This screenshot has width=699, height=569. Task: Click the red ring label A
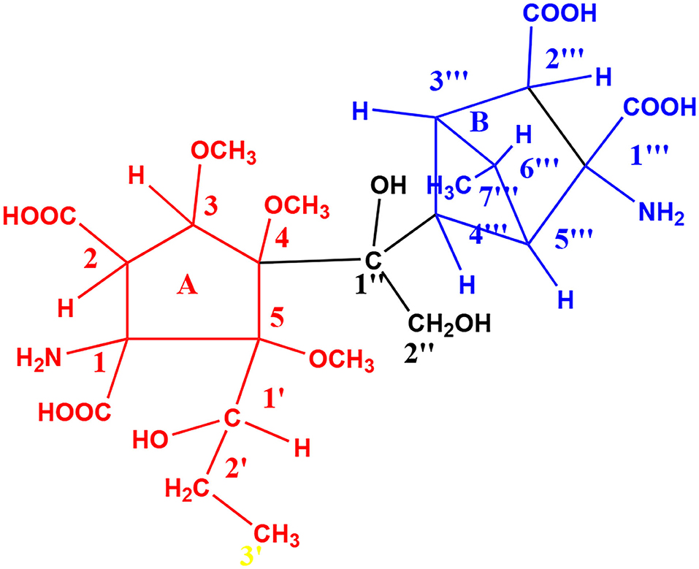188,289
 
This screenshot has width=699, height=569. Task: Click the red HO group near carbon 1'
150,440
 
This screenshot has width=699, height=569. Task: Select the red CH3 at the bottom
274,535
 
